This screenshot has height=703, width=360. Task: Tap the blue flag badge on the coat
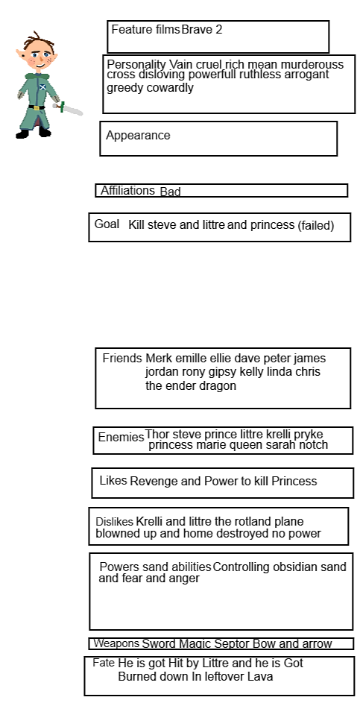42,86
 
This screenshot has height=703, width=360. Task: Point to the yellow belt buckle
36,107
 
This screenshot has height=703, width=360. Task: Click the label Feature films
145,30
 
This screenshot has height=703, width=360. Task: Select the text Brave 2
202,30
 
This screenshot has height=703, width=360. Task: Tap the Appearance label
138,135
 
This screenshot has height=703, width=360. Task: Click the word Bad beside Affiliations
171,192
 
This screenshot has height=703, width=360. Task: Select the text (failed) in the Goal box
315,225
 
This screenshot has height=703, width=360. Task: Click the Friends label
122,359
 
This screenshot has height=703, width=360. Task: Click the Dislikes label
114,522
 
